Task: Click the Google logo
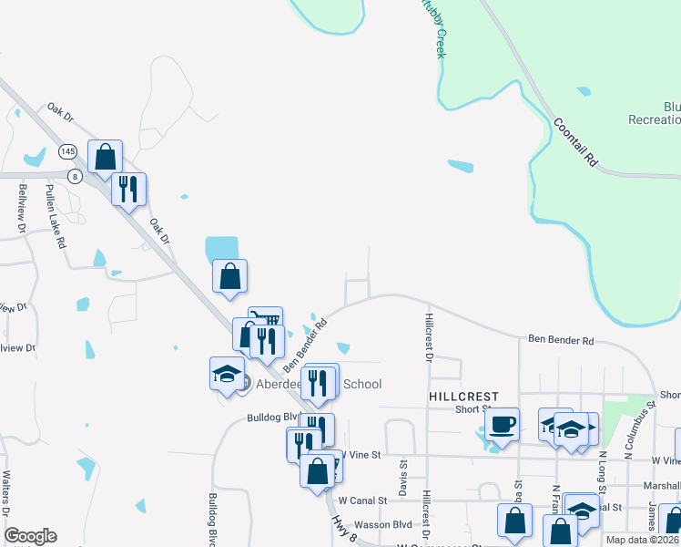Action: point(30,536)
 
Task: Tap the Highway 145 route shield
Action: point(67,150)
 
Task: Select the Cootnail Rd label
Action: point(575,144)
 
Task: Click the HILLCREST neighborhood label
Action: point(464,397)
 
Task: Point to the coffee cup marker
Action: point(502,424)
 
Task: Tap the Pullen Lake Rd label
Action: point(60,226)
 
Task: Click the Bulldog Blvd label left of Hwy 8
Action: point(260,418)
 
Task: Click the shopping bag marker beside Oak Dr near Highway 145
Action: point(106,156)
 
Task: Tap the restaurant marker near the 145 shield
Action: point(128,189)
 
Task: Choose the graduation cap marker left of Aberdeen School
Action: point(227,374)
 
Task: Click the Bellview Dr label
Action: point(24,207)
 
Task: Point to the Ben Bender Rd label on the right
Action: point(561,340)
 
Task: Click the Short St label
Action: point(473,409)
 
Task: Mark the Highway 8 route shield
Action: point(75,175)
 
